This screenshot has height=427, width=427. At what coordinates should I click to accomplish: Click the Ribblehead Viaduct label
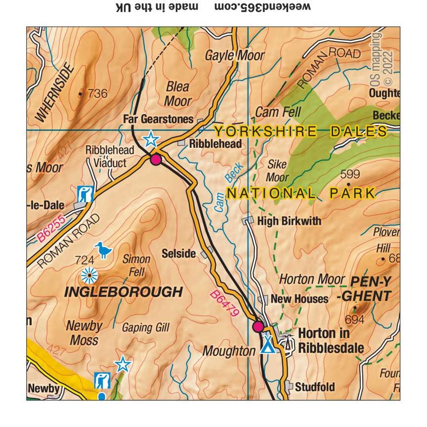tap(106, 156)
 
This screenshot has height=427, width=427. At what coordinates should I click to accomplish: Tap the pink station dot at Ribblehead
tap(156, 159)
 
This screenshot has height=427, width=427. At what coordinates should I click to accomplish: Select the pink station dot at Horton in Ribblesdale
tap(258, 326)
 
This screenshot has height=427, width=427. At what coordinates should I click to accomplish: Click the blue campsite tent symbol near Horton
tap(267, 346)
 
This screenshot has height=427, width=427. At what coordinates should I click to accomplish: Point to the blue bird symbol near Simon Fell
tap(102, 249)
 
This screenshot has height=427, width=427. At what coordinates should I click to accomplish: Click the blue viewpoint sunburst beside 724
tap(89, 275)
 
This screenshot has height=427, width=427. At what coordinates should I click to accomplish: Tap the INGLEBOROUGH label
tap(123, 292)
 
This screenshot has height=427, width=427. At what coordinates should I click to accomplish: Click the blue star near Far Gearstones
tap(151, 140)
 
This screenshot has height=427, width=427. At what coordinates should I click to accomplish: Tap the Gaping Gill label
tap(146, 328)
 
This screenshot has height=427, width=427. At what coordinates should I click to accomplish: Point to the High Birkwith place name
tap(289, 220)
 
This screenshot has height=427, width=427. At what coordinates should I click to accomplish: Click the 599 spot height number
tap(350, 174)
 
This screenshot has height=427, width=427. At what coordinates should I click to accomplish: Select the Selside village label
tap(179, 254)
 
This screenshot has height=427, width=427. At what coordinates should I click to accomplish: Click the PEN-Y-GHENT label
tap(370, 288)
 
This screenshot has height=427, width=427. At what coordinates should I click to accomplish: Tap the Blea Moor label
tap(178, 93)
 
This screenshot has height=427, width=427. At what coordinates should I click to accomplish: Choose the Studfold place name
tap(314, 386)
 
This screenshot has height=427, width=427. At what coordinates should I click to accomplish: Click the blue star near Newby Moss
tap(123, 364)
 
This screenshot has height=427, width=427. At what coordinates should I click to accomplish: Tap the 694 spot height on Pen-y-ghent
tap(354, 319)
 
